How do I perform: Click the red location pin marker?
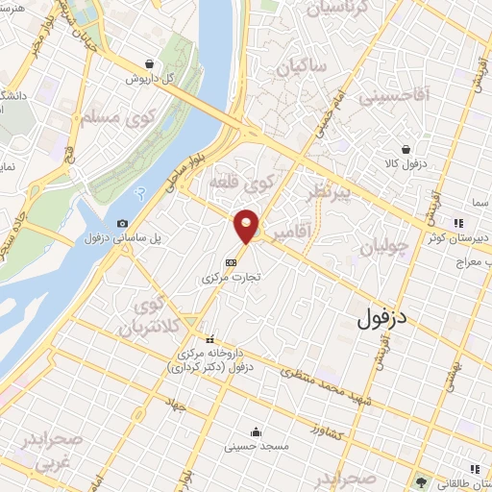click(x=247, y=225)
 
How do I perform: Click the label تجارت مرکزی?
click(x=232, y=278)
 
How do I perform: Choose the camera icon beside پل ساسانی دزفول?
click(x=122, y=224)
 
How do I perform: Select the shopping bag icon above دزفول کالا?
click(x=407, y=149)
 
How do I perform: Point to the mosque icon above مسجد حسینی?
click(x=255, y=430)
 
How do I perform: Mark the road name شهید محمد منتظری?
click(x=327, y=376)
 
